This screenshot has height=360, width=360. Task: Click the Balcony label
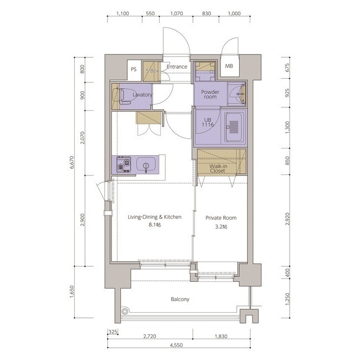(180, 299)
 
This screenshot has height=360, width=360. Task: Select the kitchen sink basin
(146, 165)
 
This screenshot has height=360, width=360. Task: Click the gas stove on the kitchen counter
(124, 165)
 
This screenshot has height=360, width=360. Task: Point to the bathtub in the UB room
(234, 127)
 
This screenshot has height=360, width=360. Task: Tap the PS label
(133, 69)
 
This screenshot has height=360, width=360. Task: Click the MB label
(229, 66)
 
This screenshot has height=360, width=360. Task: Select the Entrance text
(177, 67)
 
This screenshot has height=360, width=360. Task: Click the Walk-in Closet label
(218, 169)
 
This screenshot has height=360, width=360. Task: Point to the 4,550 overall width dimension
(176, 345)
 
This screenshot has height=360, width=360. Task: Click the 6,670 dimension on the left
(71, 163)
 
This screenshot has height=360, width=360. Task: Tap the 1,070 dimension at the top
(177, 13)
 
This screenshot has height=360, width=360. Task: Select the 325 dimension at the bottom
(112, 331)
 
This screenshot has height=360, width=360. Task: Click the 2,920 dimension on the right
(287, 219)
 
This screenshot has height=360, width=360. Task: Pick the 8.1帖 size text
(155, 225)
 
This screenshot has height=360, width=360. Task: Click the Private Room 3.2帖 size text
(221, 227)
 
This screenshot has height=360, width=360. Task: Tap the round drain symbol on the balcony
(124, 311)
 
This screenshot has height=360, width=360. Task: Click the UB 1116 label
(208, 122)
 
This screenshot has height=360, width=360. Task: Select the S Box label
(152, 71)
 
